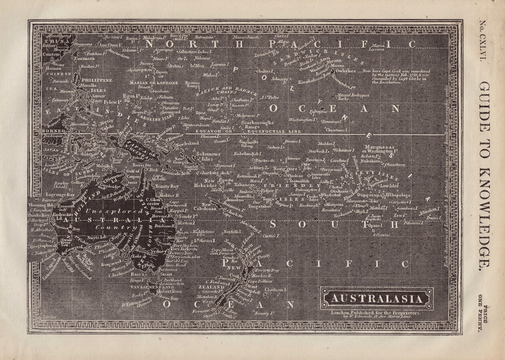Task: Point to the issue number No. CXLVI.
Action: click(482, 40)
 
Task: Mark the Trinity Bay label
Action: click(167, 186)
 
